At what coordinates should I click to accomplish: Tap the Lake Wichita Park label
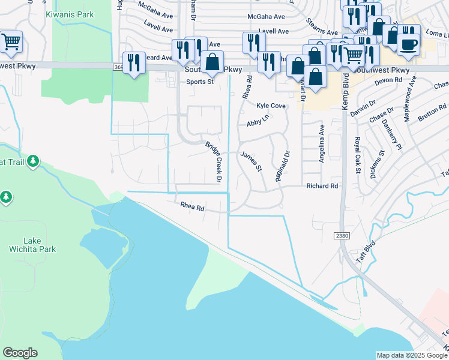click(x=32, y=245)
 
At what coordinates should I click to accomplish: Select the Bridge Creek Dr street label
click(x=214, y=162)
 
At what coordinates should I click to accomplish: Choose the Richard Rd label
click(x=322, y=186)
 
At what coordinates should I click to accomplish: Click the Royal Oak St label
click(x=357, y=155)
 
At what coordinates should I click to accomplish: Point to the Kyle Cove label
click(x=271, y=105)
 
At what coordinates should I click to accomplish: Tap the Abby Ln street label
click(x=258, y=122)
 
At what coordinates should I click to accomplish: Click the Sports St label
click(x=199, y=82)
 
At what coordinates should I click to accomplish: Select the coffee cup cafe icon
click(x=408, y=43)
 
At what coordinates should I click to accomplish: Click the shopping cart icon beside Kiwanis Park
click(x=11, y=41)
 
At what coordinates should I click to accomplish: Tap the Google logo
click(x=20, y=353)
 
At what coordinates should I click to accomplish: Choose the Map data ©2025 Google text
click(x=411, y=355)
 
